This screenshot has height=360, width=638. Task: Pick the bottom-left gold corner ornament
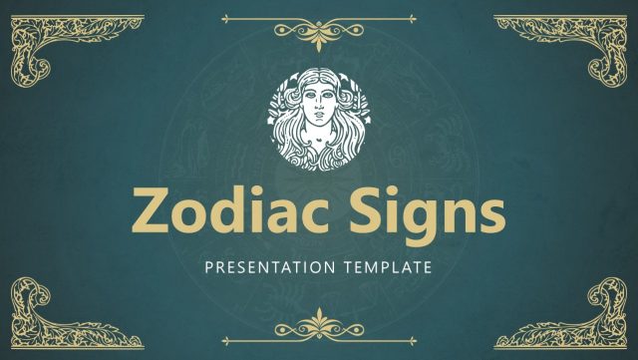point(40,314)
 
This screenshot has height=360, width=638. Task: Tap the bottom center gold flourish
point(319,326)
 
